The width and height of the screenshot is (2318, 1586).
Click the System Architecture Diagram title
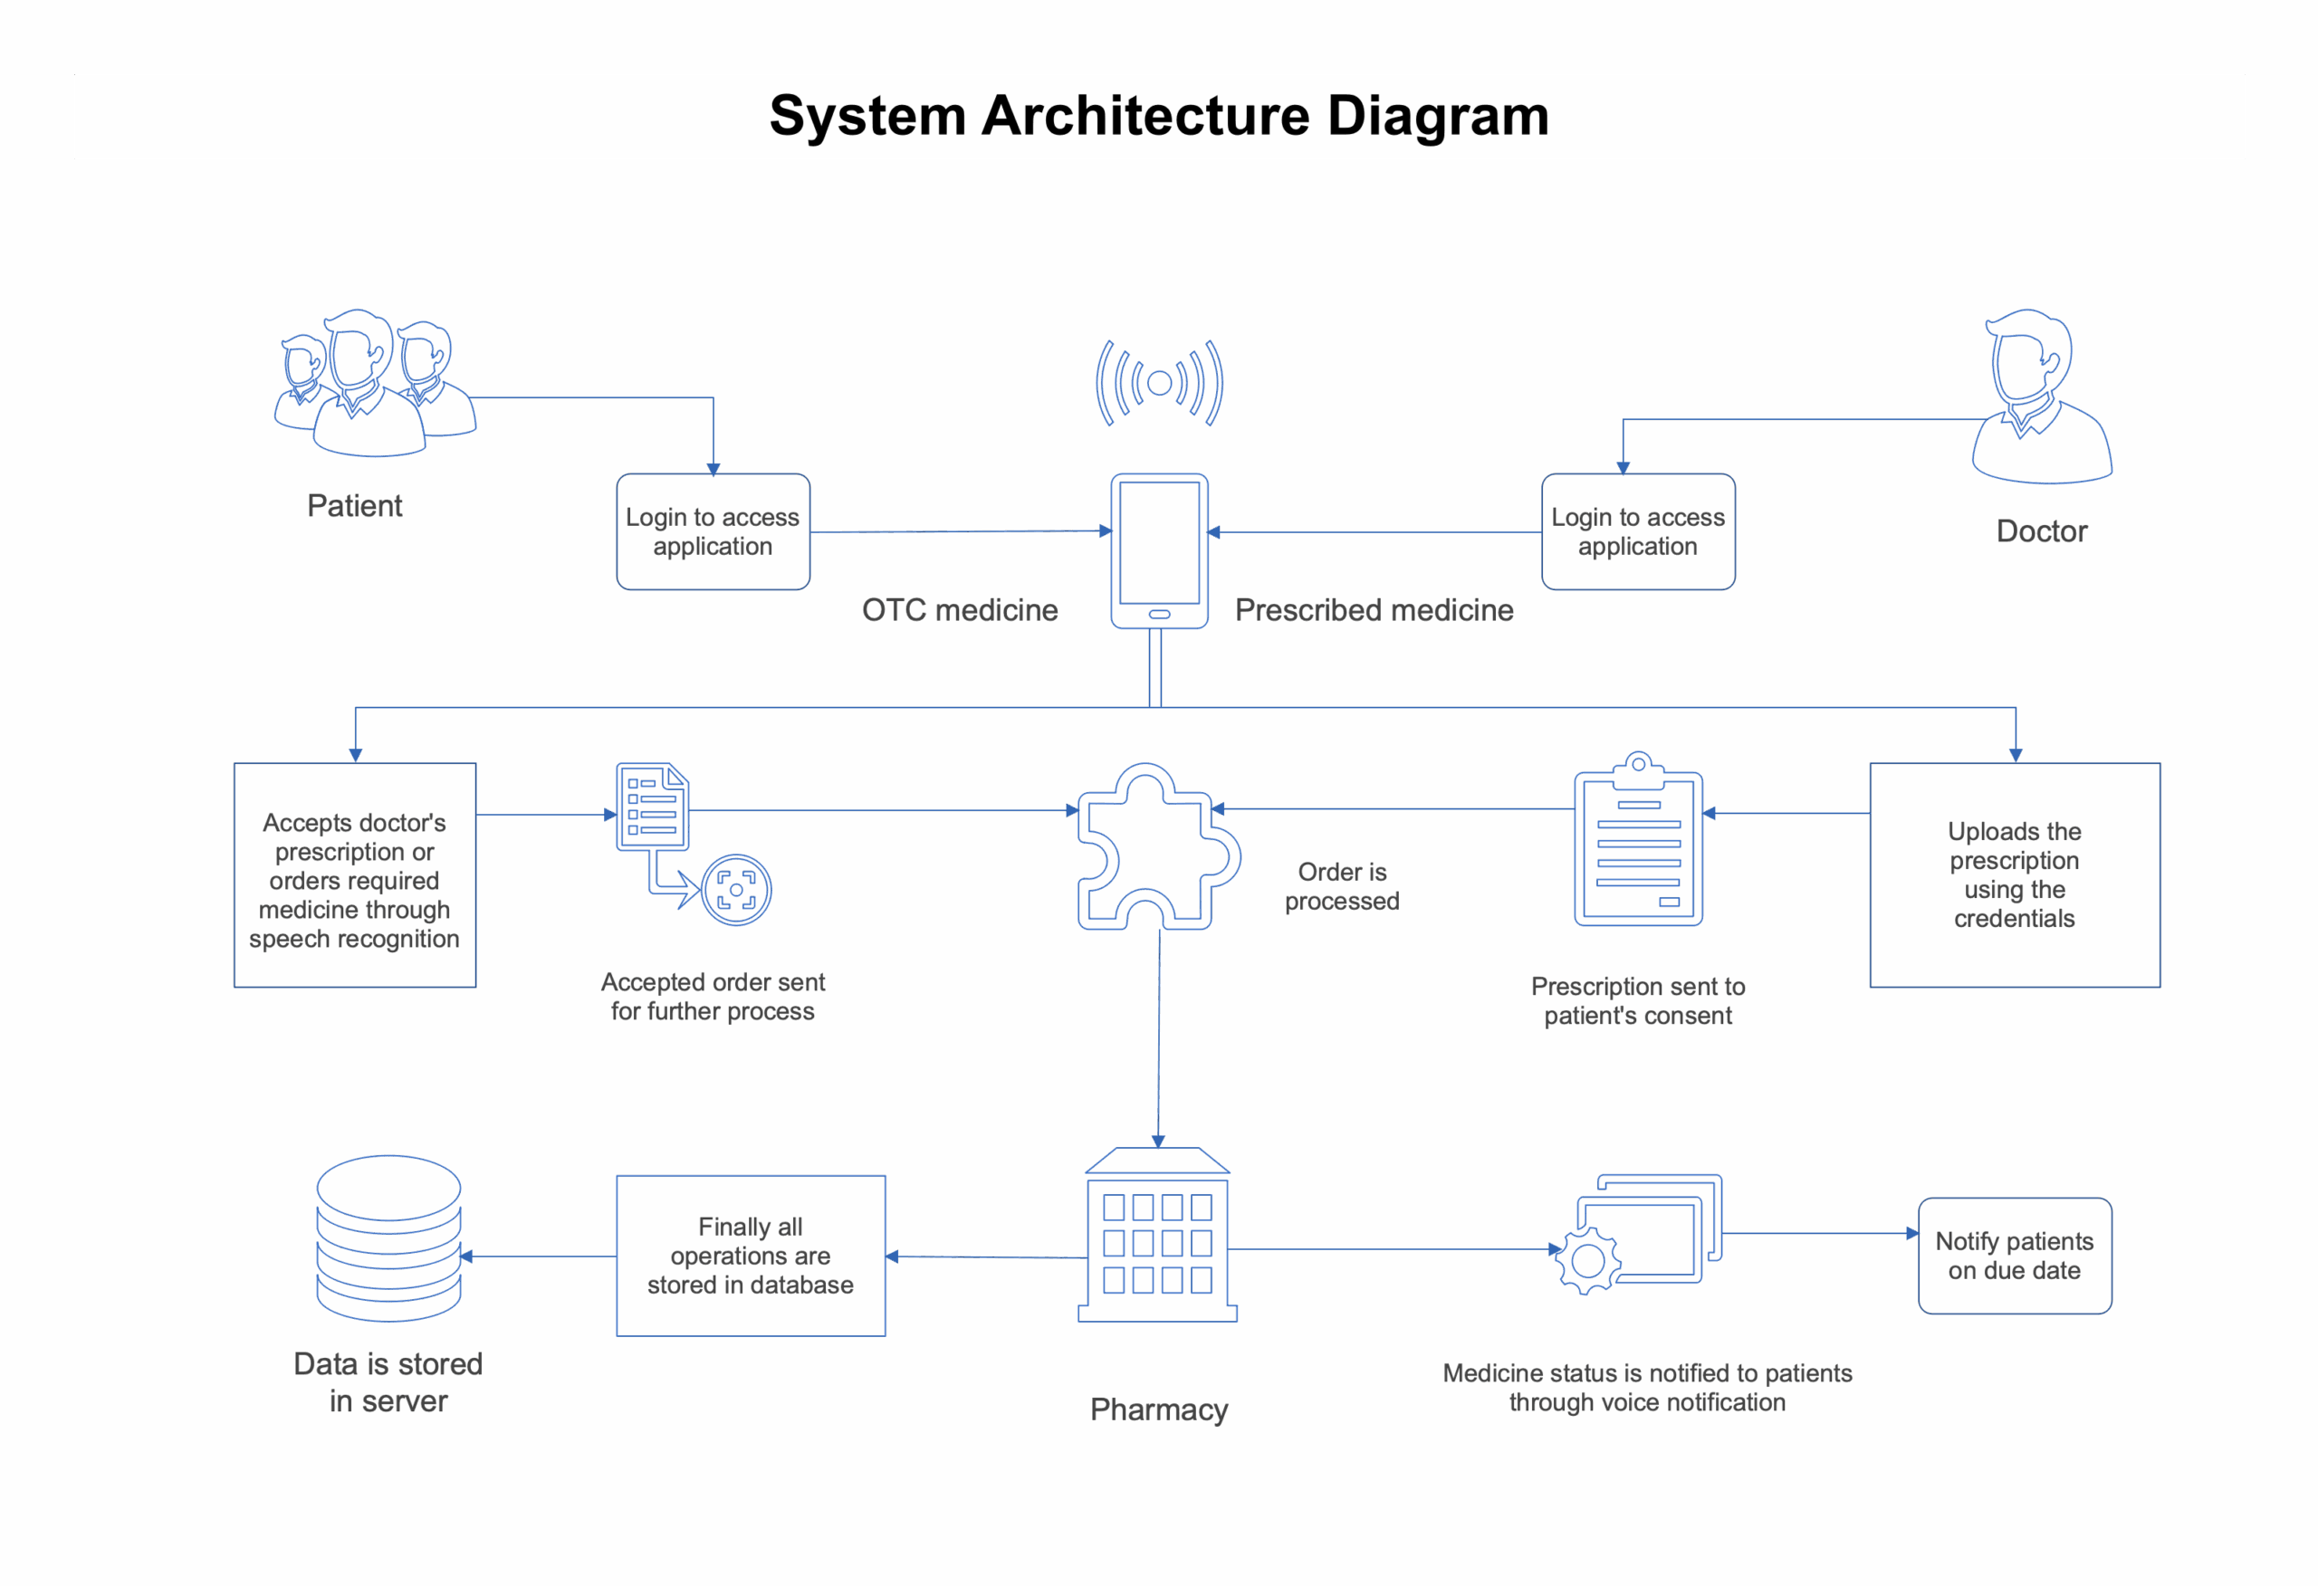point(1159,116)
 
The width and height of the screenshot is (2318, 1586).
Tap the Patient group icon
point(374,384)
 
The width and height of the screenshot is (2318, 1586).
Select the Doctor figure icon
point(2040,399)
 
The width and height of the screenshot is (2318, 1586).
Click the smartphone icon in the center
point(1159,550)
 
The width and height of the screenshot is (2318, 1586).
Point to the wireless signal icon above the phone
point(1159,382)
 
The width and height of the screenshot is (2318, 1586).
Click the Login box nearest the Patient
point(714,531)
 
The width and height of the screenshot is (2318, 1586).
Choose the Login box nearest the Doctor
point(1638,531)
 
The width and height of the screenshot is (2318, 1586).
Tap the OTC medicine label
point(960,610)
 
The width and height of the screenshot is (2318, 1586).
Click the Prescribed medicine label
point(1374,610)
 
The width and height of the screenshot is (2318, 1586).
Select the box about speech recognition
point(354,875)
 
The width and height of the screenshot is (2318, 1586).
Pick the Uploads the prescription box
point(2015,875)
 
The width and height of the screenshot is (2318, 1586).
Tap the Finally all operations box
point(750,1256)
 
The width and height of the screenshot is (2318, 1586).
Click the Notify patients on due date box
point(2015,1256)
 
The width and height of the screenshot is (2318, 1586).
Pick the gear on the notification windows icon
point(1588,1262)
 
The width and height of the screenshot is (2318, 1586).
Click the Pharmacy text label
point(1159,1410)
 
